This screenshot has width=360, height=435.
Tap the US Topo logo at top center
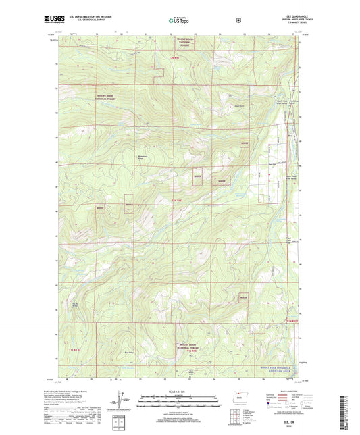click(x=178, y=20)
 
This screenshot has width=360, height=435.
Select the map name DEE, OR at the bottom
click(x=180, y=420)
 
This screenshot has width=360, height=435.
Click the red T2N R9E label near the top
click(x=175, y=59)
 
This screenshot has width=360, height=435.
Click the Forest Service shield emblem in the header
click(x=238, y=20)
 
